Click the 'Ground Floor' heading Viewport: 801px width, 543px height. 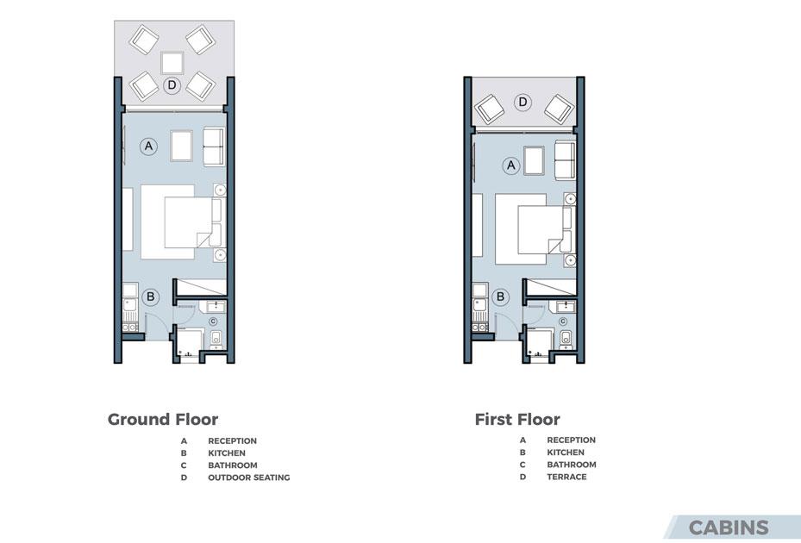[x=162, y=420]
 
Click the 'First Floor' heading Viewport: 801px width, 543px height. [x=517, y=420]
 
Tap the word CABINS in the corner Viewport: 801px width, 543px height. [x=728, y=527]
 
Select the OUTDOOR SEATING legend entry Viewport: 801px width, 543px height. [x=249, y=477]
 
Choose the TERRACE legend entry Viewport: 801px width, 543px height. [x=566, y=477]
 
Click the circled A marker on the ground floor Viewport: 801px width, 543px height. [x=148, y=147]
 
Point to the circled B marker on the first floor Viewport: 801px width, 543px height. [x=501, y=296]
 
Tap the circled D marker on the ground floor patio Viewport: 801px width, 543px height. [x=172, y=84]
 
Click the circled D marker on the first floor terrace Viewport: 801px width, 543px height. [x=523, y=103]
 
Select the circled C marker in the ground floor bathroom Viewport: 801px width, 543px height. [x=213, y=321]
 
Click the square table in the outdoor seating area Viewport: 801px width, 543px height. [x=172, y=63]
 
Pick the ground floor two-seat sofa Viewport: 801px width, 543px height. [x=214, y=147]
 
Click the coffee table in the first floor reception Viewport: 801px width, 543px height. [x=534, y=160]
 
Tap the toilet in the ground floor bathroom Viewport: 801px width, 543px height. [x=216, y=338]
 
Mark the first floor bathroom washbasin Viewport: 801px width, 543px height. [x=566, y=306]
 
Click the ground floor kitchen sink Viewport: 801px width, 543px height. [x=129, y=305]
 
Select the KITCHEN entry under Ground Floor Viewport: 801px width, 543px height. [x=226, y=453]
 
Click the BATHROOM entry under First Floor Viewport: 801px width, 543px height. [x=571, y=465]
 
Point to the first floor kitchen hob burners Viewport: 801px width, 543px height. [x=479, y=327]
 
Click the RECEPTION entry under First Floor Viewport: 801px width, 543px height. [x=571, y=440]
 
